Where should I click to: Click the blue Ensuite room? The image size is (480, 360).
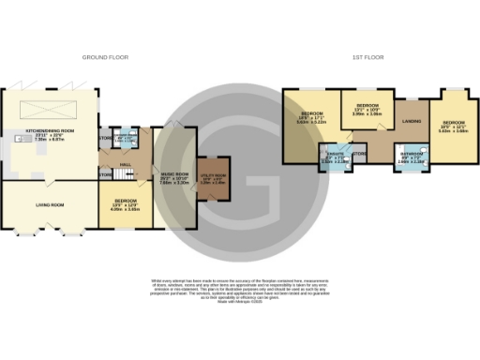334,155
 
